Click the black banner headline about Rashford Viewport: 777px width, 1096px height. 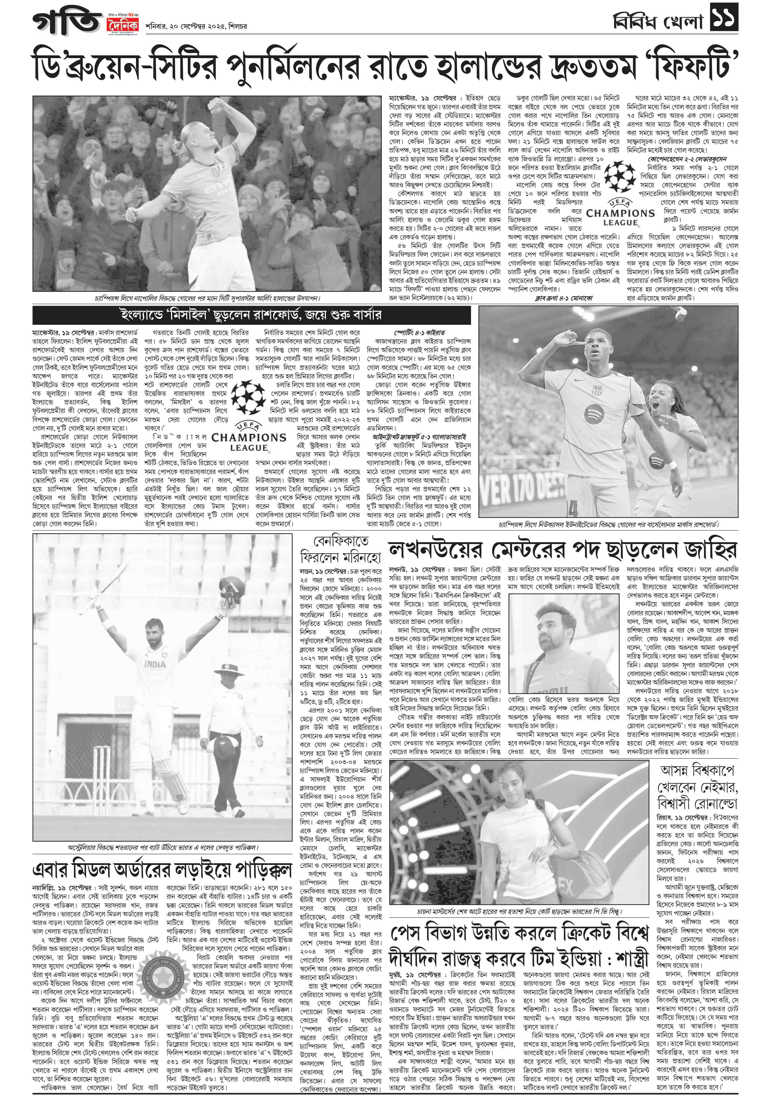coord(251,315)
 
